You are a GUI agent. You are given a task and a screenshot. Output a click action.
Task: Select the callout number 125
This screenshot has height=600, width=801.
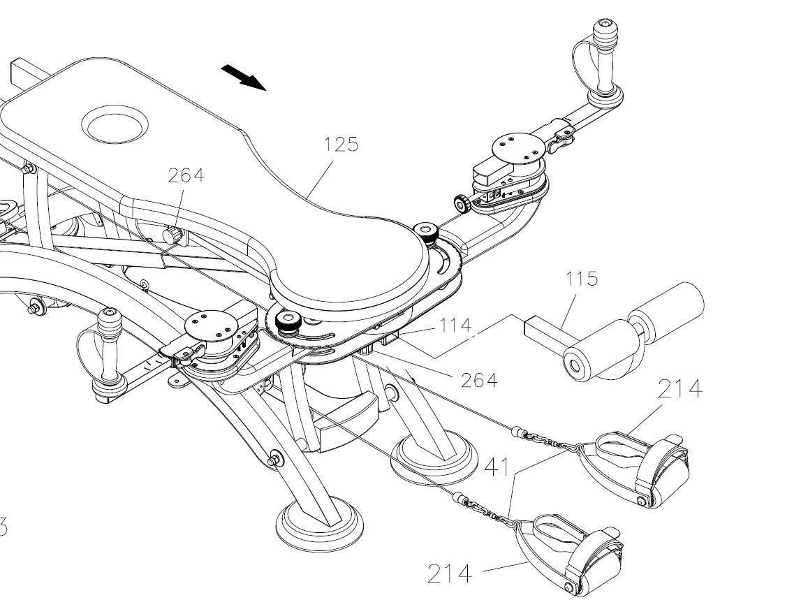coord(341,145)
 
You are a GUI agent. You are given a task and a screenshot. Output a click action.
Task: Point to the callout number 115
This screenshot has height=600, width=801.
coord(582,279)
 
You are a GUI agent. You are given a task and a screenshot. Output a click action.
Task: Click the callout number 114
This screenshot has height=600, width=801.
coord(455,325)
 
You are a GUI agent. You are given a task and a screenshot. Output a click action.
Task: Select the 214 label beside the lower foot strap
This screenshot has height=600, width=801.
coord(449,574)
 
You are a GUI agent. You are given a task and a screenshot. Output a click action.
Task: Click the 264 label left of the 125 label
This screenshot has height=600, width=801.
coord(186,175)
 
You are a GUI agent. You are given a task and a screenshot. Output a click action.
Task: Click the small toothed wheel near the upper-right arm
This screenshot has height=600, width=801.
coord(461,205)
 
